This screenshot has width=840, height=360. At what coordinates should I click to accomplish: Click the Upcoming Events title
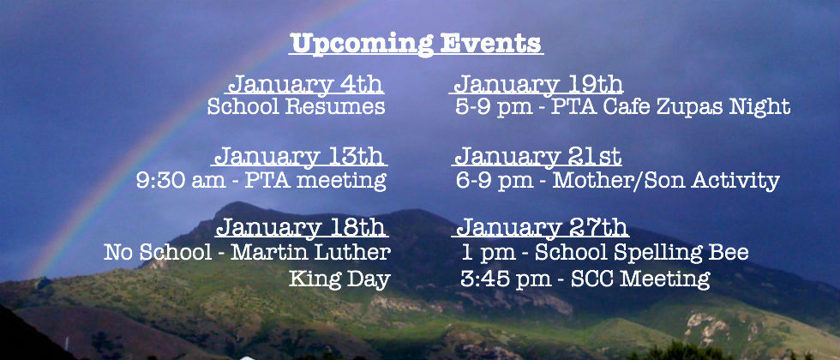point(417,44)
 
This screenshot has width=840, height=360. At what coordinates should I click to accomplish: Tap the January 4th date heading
point(306,85)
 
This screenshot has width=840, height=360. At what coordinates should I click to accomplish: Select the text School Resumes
point(296,106)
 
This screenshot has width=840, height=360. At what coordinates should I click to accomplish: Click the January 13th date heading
point(299,157)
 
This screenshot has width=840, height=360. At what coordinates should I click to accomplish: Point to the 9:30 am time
point(181,181)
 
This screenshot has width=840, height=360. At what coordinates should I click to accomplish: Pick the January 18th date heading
point(301,227)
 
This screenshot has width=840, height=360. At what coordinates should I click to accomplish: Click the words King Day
point(339,279)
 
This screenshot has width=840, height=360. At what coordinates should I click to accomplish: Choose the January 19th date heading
point(538,85)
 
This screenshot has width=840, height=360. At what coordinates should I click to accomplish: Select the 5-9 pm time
point(494,107)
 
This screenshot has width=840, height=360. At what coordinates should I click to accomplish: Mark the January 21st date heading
point(538,157)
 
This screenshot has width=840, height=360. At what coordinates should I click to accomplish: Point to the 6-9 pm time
point(495,181)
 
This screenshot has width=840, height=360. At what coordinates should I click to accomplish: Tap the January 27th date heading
point(541,227)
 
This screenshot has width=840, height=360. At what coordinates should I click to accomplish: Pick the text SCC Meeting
point(640,279)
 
